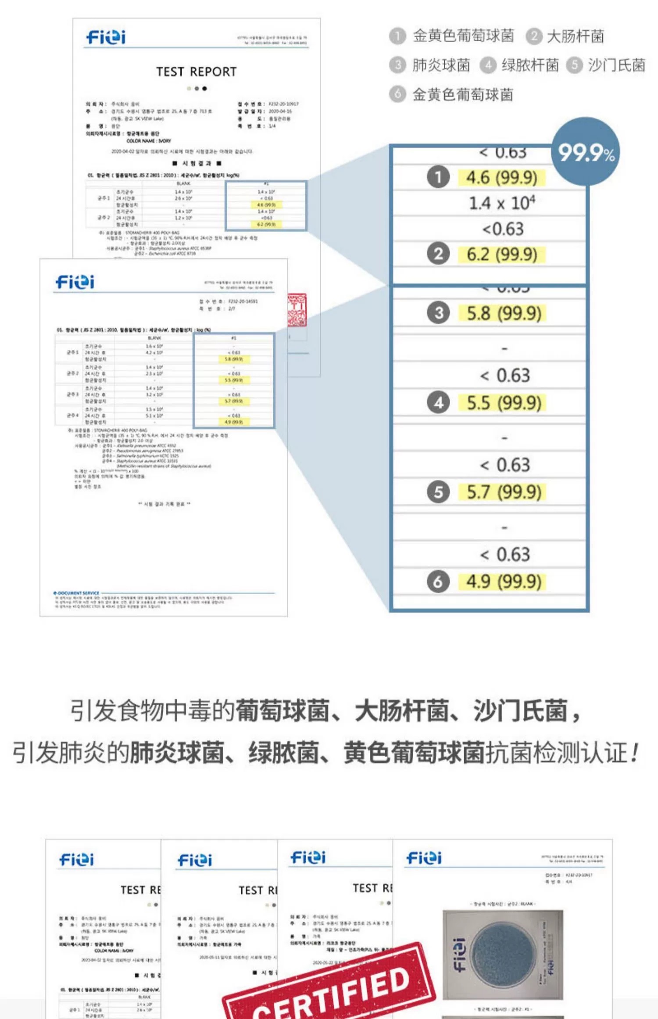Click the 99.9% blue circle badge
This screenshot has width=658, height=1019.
586,152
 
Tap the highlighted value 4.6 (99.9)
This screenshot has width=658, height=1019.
501,178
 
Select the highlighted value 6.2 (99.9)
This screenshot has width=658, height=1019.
501,254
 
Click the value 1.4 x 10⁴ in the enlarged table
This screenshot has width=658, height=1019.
502,203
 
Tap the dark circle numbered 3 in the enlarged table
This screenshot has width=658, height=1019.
438,313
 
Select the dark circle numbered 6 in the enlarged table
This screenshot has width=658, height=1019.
438,581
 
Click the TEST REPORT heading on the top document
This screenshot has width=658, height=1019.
196,72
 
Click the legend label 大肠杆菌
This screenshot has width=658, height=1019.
575,36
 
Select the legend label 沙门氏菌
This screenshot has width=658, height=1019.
616,65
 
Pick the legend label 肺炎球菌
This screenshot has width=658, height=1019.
441,65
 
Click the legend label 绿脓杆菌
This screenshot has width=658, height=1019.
530,65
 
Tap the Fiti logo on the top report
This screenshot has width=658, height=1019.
106,37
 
